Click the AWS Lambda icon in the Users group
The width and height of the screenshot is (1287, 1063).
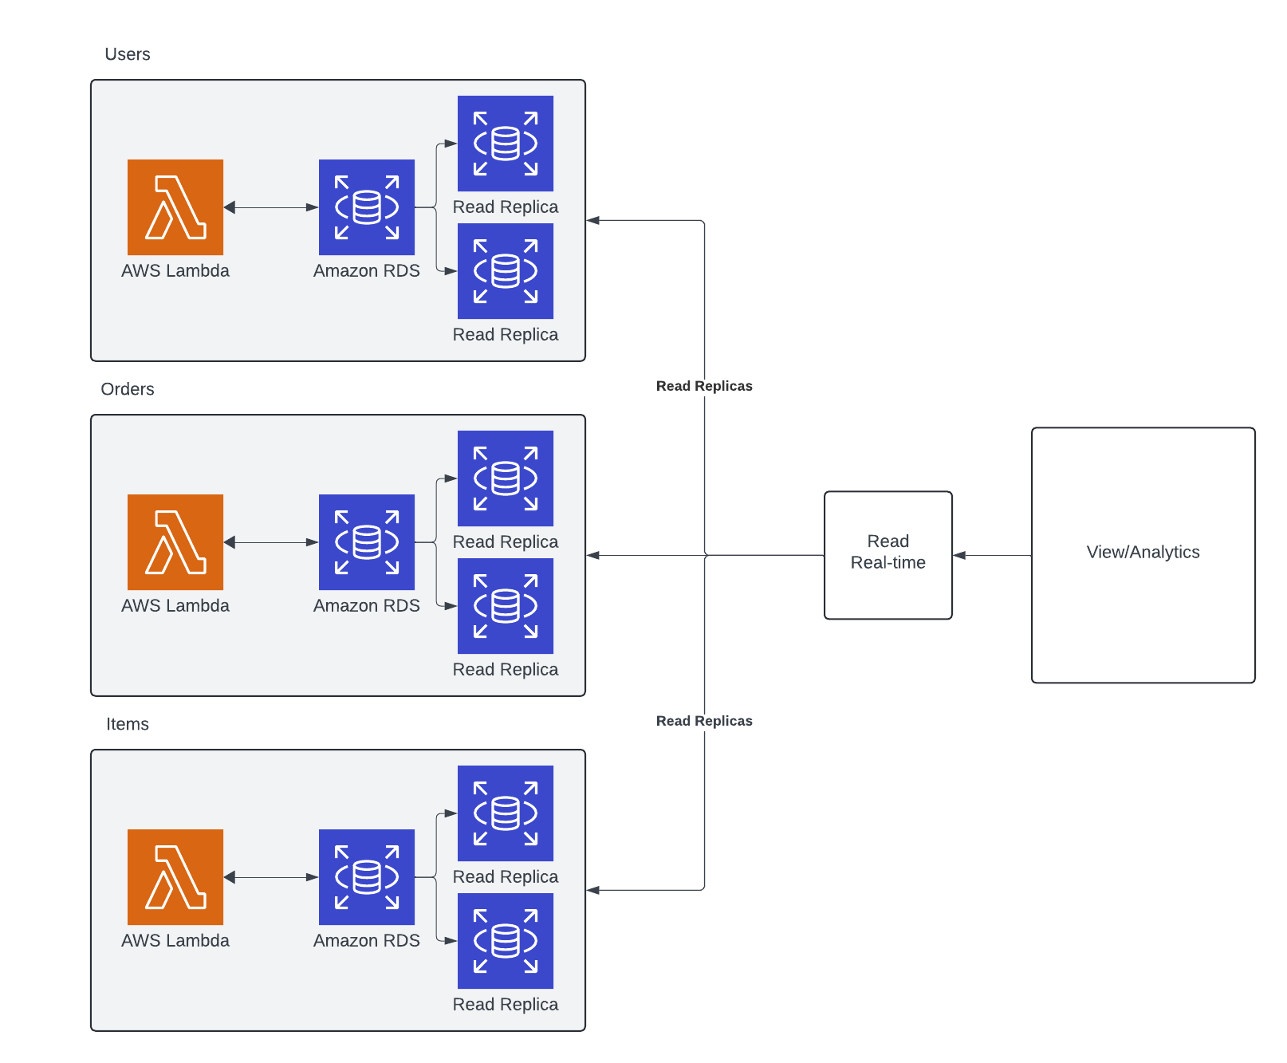click(x=175, y=207)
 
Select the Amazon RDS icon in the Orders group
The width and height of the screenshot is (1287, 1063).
click(x=367, y=542)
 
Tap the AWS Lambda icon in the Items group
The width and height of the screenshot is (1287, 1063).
click(x=175, y=877)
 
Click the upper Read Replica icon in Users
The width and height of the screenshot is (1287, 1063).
click(x=506, y=144)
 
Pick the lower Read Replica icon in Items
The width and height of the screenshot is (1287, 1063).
click(x=506, y=941)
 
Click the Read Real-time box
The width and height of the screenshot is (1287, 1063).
click(x=888, y=554)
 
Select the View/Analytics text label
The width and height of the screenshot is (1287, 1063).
click(x=1143, y=552)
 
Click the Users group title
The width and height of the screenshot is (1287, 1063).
click(x=128, y=54)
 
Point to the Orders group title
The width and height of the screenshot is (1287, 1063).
click(x=128, y=389)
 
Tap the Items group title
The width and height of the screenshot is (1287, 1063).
click(x=128, y=724)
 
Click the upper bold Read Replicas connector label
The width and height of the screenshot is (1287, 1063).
click(x=704, y=386)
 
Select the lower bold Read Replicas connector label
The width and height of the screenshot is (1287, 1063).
click(x=704, y=721)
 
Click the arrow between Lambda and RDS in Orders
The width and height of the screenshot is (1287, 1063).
click(x=271, y=542)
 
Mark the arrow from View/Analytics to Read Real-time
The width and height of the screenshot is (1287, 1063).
click(x=992, y=555)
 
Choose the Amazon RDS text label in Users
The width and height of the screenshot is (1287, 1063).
click(x=367, y=271)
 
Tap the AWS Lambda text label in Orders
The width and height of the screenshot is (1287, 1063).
click(x=175, y=606)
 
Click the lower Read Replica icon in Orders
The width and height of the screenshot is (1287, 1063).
click(x=506, y=606)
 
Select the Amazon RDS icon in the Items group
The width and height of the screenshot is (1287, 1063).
click(x=367, y=877)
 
